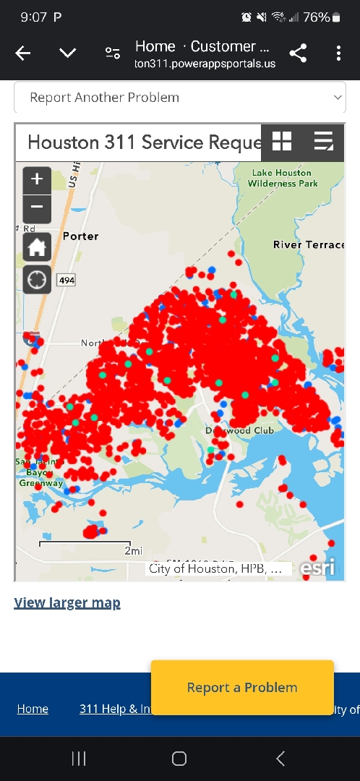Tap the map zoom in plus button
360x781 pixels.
[37, 179]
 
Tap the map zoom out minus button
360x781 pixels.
[37, 208]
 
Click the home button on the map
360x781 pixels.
[37, 247]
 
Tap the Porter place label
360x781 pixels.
[80, 236]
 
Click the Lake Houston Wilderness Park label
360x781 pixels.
[283, 178]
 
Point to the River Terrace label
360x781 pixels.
[309, 244]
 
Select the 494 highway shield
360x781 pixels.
[66, 280]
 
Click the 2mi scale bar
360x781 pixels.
[85, 544]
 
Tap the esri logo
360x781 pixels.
[318, 568]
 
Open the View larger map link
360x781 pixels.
[67, 602]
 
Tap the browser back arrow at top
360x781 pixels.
[23, 53]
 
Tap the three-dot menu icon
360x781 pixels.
[338, 53]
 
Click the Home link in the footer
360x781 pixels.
[33, 709]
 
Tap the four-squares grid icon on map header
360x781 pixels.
[282, 141]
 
